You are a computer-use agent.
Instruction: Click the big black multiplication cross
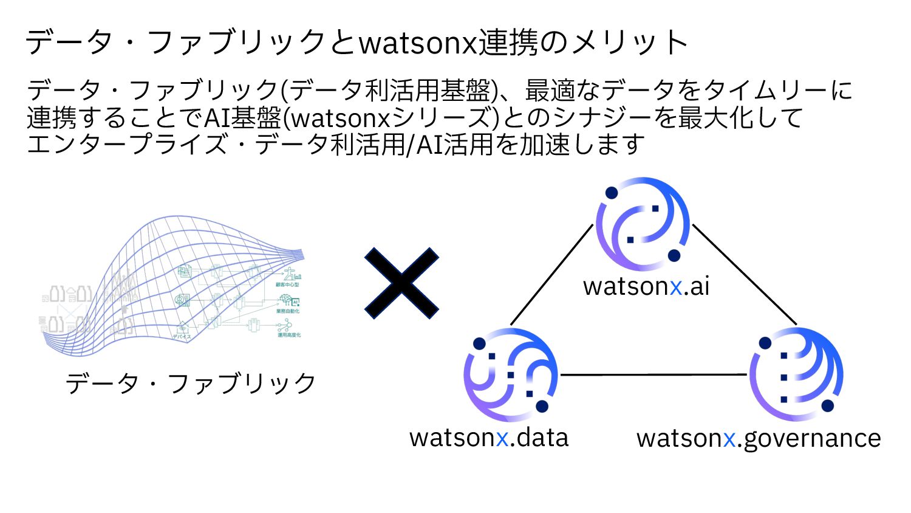tap(401, 283)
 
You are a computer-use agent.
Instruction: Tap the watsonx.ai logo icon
tap(643, 224)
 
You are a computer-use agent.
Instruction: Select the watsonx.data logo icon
tap(510, 374)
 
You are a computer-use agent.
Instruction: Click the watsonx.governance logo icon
tap(796, 374)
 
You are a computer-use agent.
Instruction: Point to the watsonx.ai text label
tap(646, 286)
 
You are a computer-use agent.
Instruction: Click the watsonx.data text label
tap(489, 438)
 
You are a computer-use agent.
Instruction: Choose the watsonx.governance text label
tap(759, 438)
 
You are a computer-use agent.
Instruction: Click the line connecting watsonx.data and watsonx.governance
tap(653, 374)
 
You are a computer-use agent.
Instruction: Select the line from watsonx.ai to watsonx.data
tap(551, 275)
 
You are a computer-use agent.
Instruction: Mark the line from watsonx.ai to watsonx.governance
tap(744, 274)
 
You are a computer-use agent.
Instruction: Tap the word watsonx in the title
tap(418, 43)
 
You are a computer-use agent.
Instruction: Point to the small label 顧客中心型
tap(287, 284)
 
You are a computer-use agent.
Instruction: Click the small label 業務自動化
tap(288, 311)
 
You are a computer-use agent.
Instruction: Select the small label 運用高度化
tap(289, 335)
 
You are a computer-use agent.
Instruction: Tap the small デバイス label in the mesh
tap(182, 336)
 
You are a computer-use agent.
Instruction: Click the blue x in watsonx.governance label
tap(729, 439)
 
